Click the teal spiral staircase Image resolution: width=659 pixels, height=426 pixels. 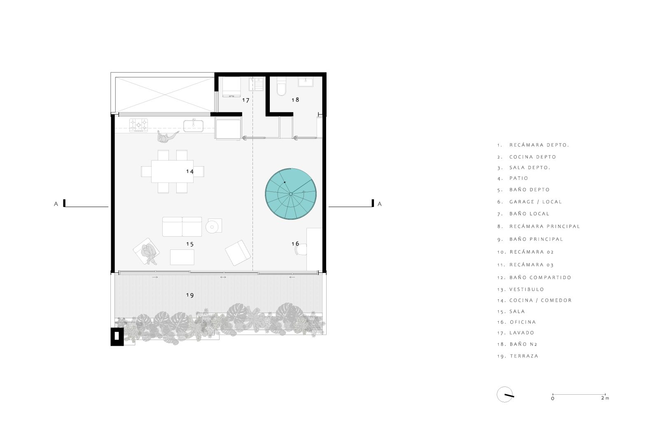pyautogui.click(x=291, y=194)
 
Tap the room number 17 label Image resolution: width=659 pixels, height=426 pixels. pyautogui.click(x=245, y=100)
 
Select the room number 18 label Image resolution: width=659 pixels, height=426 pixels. pyautogui.click(x=295, y=100)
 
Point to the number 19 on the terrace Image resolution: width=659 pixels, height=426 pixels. pyautogui.click(x=190, y=295)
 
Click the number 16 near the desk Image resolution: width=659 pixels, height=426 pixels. pyautogui.click(x=295, y=243)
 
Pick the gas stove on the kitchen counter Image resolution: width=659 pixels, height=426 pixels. pyautogui.click(x=138, y=125)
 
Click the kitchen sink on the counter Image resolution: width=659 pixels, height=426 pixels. pyautogui.click(x=193, y=126)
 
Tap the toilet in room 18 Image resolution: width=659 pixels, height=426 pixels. pyautogui.click(x=281, y=86)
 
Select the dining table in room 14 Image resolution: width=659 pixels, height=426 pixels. pyautogui.click(x=173, y=171)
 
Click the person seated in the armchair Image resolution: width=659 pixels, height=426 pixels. pyautogui.click(x=149, y=254)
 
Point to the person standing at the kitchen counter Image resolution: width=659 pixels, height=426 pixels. pyautogui.click(x=166, y=137)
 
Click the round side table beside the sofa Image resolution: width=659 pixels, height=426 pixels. pyautogui.click(x=212, y=227)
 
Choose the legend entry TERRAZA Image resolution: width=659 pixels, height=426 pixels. pyautogui.click(x=524, y=356)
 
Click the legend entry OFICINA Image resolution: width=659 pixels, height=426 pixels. pyautogui.click(x=523, y=322)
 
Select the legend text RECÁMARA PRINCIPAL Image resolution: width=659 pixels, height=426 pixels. pyautogui.click(x=544, y=226)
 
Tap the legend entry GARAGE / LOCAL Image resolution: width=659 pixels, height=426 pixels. pyautogui.click(x=535, y=202)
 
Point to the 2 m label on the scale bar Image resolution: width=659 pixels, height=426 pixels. pyautogui.click(x=605, y=398)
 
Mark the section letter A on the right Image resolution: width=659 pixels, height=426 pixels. pyautogui.click(x=379, y=204)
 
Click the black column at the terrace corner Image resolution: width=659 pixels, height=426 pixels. pyautogui.click(x=117, y=337)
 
